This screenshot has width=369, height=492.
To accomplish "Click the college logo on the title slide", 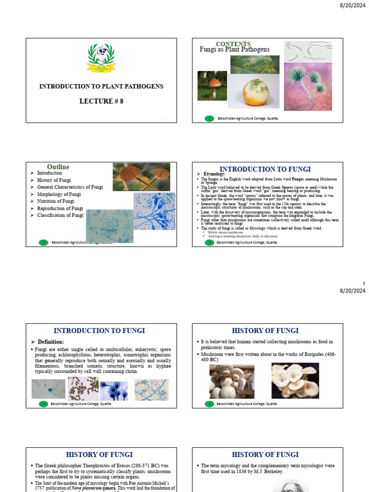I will tap(101, 58).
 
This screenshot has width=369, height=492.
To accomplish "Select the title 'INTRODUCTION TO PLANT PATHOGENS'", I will tap(101, 86).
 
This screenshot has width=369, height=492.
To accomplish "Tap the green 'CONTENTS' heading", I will tap(233, 44).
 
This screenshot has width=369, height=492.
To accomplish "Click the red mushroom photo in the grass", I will tap(212, 86).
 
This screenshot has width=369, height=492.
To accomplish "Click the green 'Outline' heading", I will tap(58, 167).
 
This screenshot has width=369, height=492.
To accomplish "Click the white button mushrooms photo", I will tap(232, 381).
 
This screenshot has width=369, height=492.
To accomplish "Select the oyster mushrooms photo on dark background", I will tap(295, 381).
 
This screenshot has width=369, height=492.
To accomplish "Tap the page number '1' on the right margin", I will tap(364, 284).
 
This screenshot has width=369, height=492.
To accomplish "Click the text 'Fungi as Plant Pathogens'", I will tap(234, 49).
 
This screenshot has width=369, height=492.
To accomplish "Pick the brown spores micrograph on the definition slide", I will tap(83, 389).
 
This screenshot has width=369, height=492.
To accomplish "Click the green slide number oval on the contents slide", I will tap(209, 118).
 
